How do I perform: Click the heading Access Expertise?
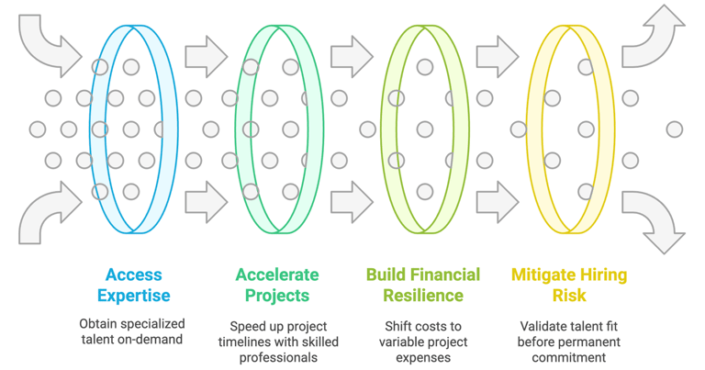coord(133,285)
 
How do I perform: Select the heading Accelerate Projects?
coord(276,285)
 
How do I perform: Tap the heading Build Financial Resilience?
coord(422,285)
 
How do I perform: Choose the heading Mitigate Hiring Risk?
coord(569,285)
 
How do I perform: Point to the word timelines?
coord(245,342)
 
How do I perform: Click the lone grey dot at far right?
coord(675,129)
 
